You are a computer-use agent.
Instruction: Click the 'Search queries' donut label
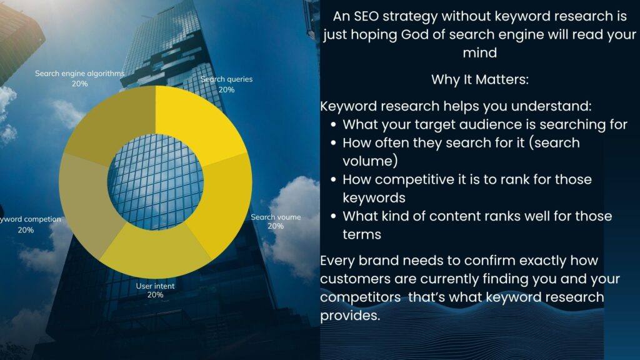(x=226, y=79)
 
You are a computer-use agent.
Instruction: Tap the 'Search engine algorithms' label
(x=79, y=74)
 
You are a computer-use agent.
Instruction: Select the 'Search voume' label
(x=276, y=217)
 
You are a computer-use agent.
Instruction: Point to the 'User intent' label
(x=155, y=286)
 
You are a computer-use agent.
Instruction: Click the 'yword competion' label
(x=30, y=219)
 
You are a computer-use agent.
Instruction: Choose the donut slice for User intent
(x=155, y=251)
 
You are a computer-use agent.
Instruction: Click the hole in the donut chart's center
(x=156, y=182)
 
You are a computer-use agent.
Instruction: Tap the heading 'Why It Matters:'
(x=480, y=79)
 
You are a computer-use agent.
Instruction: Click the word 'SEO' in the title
(x=366, y=16)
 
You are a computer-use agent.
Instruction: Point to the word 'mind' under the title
(x=480, y=53)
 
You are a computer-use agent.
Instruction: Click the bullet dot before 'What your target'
(x=334, y=124)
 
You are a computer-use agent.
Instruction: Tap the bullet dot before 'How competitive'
(x=334, y=179)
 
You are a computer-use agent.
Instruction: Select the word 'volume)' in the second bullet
(x=370, y=161)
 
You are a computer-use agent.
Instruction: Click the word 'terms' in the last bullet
(x=362, y=235)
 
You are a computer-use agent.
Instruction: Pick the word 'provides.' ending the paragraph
(x=350, y=316)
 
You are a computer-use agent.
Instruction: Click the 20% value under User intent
(x=155, y=295)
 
